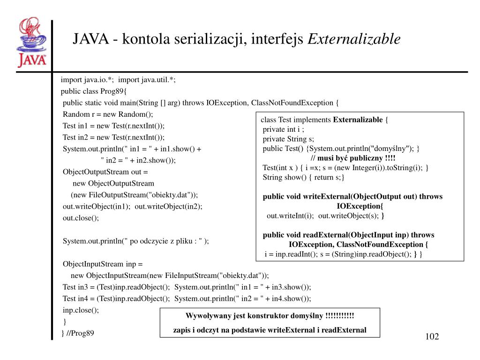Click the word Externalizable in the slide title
pos(354,39)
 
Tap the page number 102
pos(432,337)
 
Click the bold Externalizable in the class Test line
pos(358,120)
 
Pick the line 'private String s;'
pos(288,139)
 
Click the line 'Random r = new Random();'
pos(108,114)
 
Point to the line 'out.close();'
pos(81,218)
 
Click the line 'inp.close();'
pos(81,310)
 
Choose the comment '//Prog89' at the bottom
pos(80,333)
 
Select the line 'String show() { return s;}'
pos(303,177)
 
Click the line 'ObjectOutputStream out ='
pos(105,172)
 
